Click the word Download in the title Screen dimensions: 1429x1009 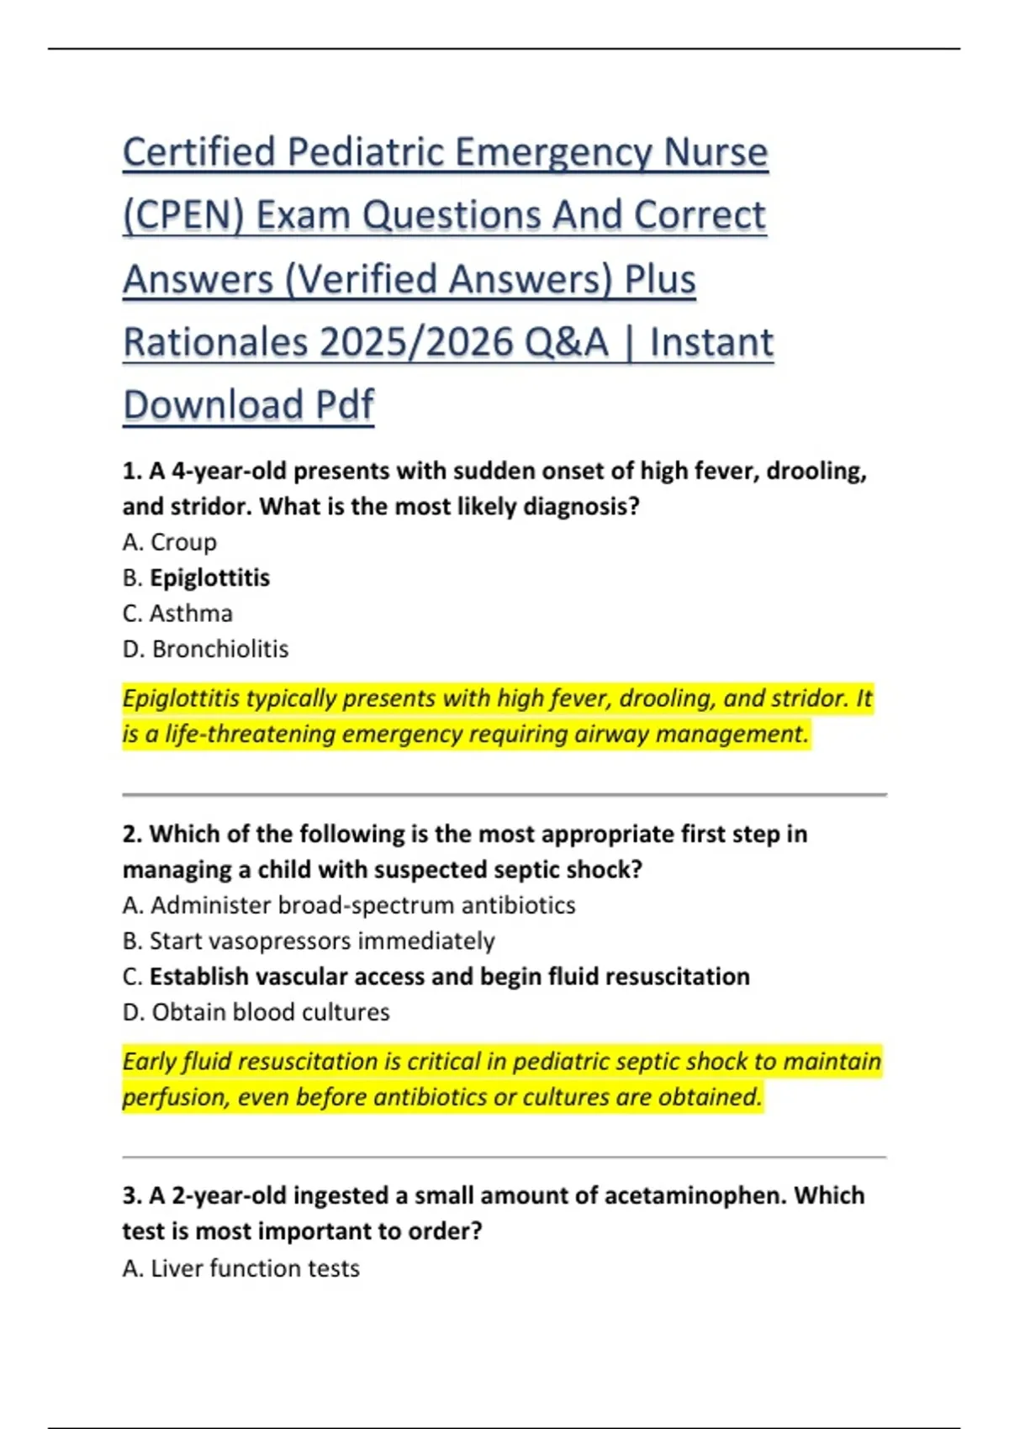[212, 406]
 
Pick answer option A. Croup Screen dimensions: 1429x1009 [170, 542]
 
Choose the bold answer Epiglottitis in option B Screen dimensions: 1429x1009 [210, 578]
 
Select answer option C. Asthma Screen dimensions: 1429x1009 [177, 614]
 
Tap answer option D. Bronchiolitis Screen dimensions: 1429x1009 [205, 649]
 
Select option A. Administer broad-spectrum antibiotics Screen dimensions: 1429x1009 [349, 905]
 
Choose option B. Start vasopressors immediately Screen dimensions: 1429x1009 [309, 941]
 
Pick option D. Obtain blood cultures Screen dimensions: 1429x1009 [256, 1012]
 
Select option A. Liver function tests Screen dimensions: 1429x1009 [241, 1268]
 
